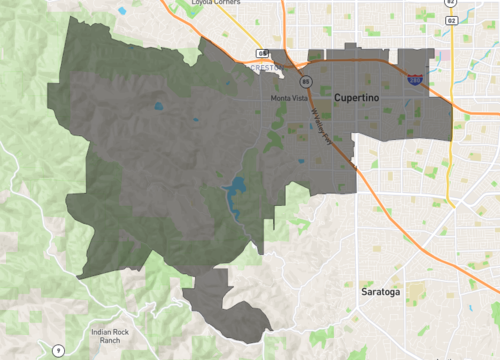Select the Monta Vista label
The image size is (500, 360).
pyautogui.click(x=288, y=98)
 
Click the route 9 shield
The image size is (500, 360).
pyautogui.click(x=59, y=349)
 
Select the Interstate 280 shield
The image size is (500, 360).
pyautogui.click(x=413, y=77)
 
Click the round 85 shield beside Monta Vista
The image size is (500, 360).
pyautogui.click(x=305, y=82)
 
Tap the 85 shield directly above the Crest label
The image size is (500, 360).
pyautogui.click(x=262, y=52)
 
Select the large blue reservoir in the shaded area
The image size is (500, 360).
pyautogui.click(x=237, y=190)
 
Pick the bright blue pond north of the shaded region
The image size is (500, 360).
pyautogui.click(x=122, y=11)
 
